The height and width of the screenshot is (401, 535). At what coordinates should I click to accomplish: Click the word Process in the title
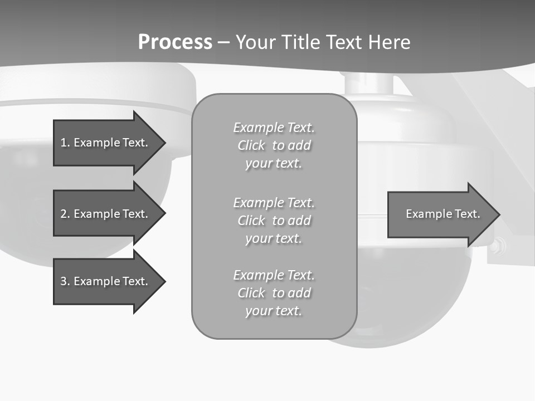pos(175,42)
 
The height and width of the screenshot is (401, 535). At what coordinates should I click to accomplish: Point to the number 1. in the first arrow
pos(65,143)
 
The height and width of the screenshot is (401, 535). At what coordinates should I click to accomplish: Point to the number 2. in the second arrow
pos(65,214)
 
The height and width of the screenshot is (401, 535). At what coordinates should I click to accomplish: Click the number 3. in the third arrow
pos(65,281)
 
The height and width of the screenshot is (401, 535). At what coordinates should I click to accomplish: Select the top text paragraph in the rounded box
pos(274,145)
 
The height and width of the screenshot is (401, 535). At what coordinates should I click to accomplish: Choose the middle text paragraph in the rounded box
pos(274,221)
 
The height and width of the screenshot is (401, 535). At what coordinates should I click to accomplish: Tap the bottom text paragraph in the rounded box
pos(274,293)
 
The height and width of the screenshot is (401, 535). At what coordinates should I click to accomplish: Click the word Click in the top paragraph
pos(251,146)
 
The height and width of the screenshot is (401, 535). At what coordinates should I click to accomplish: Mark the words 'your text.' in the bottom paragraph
pos(274,311)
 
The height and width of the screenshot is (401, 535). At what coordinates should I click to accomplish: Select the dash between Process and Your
pos(223,42)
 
